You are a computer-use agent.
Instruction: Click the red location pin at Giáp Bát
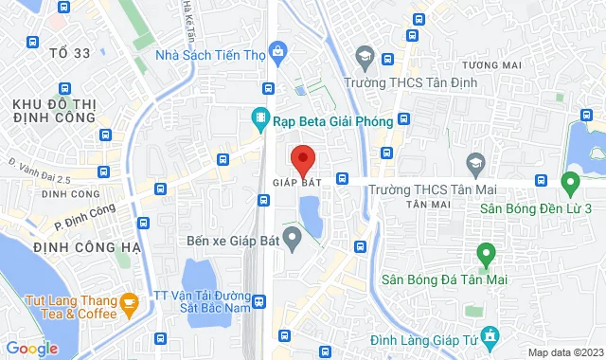(x=302, y=157)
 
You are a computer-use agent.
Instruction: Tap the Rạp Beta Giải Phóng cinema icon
(x=258, y=119)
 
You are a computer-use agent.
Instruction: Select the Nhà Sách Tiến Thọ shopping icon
(x=277, y=49)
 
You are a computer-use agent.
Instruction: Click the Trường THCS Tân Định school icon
(x=363, y=60)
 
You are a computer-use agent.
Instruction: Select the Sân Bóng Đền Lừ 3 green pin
(x=571, y=181)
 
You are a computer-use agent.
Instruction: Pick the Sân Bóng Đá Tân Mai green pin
(x=485, y=254)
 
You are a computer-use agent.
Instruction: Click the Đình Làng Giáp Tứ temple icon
(x=490, y=336)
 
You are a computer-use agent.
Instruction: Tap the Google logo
(x=31, y=349)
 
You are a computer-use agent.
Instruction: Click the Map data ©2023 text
(x=564, y=352)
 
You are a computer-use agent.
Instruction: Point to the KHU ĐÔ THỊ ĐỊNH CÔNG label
(x=54, y=109)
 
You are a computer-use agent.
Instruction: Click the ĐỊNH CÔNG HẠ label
(x=85, y=247)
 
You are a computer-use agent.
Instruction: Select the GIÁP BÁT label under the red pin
(x=294, y=183)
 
